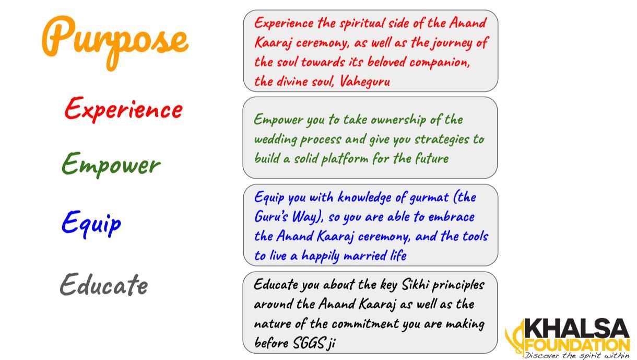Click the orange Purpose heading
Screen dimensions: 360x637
click(x=115, y=39)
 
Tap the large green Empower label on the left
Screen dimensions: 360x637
click(x=111, y=164)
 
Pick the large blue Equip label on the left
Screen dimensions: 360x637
click(x=91, y=223)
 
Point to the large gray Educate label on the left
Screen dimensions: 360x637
click(x=103, y=285)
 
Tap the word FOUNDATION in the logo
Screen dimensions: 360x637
click(x=577, y=345)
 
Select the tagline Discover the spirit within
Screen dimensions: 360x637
click(x=577, y=355)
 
